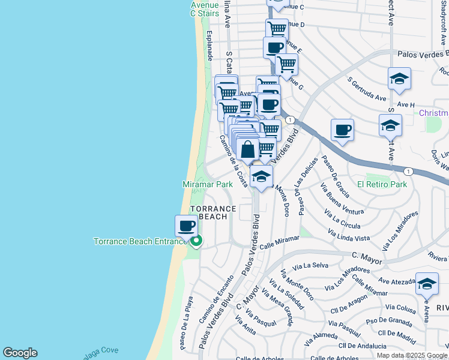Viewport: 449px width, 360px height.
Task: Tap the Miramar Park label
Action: [x=207, y=185]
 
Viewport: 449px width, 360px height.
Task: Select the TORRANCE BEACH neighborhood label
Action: [x=213, y=212]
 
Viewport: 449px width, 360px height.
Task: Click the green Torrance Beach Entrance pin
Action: [x=196, y=241]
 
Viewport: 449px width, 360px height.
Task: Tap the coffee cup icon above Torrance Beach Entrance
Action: [x=186, y=226]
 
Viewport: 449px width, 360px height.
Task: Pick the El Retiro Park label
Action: [x=382, y=184]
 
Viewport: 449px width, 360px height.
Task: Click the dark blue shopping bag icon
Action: [x=248, y=149]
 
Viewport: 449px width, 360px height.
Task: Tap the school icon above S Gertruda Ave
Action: [x=399, y=79]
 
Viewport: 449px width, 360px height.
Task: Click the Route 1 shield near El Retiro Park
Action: [x=408, y=171]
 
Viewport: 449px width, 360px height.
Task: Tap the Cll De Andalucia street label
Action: [x=363, y=346]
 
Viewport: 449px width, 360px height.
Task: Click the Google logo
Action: [x=20, y=353]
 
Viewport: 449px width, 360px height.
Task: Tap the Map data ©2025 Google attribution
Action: [x=412, y=355]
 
